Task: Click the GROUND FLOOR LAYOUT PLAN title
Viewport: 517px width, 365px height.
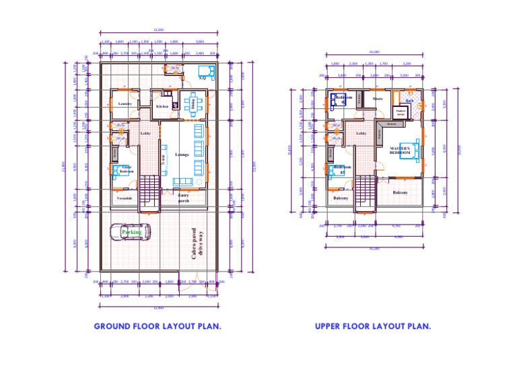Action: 158,326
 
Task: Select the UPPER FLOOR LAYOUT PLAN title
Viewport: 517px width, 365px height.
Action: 373,326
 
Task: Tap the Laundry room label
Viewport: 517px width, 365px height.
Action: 125,104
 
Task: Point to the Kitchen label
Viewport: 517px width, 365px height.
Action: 162,106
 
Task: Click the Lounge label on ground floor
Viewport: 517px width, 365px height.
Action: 182,155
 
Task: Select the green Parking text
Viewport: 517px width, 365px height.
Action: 132,232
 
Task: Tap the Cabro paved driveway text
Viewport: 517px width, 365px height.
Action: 197,244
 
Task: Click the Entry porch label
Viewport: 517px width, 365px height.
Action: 183,198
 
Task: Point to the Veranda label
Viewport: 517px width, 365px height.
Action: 125,198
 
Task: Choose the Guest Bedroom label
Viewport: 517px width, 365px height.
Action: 127,170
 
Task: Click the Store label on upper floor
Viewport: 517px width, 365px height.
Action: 378,99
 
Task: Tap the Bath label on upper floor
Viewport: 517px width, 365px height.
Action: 409,101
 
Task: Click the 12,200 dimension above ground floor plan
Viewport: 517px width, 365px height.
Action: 159,30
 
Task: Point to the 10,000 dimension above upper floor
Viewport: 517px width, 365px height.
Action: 374,52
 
